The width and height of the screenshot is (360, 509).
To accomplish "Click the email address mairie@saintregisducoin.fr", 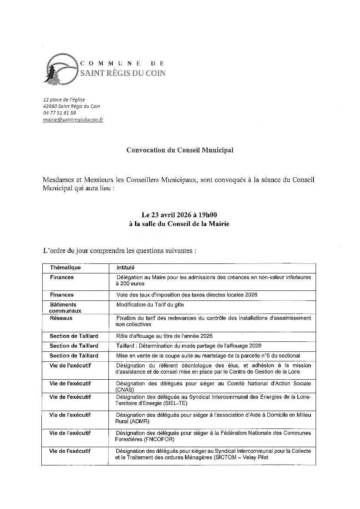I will coord(73,119).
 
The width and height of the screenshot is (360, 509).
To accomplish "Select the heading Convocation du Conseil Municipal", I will coord(180,150).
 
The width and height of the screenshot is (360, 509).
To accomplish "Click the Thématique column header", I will coord(65,268).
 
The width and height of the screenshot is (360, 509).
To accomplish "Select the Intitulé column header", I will coord(126,268).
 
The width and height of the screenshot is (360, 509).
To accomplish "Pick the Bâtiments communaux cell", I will coord(65,308).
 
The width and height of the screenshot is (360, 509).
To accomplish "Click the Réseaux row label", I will coord(61,318).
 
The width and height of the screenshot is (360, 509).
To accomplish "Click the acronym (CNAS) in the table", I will coord(124,390).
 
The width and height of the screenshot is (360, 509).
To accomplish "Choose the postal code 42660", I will coord(50,106).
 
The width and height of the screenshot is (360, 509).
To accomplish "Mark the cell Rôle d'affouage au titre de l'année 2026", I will coord(164,336).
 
